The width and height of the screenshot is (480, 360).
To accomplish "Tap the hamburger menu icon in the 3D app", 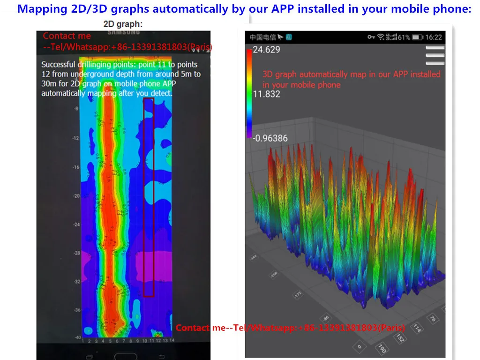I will [435, 55].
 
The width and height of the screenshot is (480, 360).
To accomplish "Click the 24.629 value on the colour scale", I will [266, 50].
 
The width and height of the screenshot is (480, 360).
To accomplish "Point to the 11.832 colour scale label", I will [266, 94].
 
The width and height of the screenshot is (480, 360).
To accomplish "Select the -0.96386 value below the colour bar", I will [270, 138].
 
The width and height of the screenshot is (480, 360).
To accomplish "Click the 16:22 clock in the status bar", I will [434, 37].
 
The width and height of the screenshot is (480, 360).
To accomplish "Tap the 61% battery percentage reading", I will [405, 37].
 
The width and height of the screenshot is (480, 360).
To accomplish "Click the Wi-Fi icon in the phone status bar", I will [381, 37].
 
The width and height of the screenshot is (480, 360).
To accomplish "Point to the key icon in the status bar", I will [371, 37].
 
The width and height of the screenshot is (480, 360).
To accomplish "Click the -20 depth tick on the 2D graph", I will [76, 196].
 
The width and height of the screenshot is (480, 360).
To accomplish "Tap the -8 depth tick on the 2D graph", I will [76, 109].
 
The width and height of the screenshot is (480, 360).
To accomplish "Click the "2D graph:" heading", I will [123, 23].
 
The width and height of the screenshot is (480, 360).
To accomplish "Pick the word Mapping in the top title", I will [37, 9].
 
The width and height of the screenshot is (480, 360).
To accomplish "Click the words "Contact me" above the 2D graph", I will [67, 36].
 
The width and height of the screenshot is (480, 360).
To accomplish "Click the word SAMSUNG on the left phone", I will [124, 32].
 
